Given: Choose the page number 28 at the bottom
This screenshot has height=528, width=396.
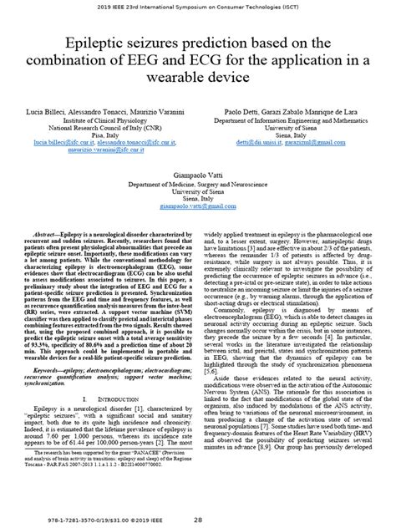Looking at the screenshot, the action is pyautogui.click(x=198, y=519).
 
